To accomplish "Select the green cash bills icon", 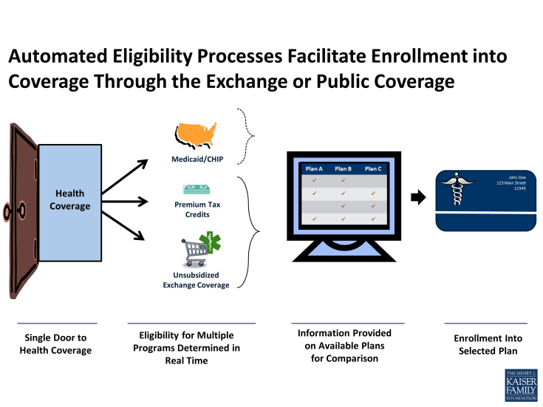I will click(197, 190).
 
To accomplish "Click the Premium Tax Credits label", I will click(197, 209).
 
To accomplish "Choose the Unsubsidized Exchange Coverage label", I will click(196, 280).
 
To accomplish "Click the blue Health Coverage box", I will click(69, 199).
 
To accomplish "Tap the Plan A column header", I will click(314, 168).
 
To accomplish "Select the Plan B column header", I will click(344, 168).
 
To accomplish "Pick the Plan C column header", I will click(373, 168).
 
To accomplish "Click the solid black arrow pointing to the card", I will click(418, 197).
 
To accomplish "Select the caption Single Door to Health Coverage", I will click(56, 343).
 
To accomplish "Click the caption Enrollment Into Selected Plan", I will click(488, 343).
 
